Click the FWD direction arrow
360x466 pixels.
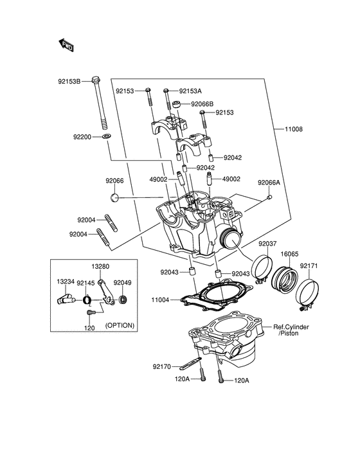tap(66, 45)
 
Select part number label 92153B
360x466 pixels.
tap(69, 82)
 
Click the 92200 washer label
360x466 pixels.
tap(83, 137)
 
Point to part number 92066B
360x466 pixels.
tap(201, 104)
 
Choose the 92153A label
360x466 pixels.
tap(190, 91)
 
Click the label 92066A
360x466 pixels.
tap(269, 183)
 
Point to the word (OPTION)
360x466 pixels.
tap(120, 325)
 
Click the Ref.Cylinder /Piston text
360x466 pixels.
tap(291, 330)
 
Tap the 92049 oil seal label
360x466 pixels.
tap(123, 282)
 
